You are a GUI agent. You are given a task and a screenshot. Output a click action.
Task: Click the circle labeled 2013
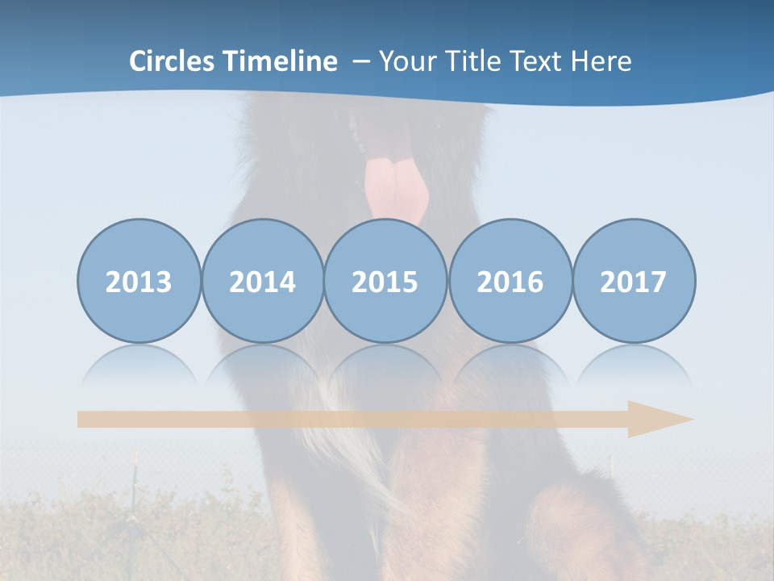pos(139,282)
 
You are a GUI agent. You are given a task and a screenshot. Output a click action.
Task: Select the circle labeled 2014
pos(262,282)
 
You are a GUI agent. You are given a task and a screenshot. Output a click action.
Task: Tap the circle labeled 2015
pos(385,282)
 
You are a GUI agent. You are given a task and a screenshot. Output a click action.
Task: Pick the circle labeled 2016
pos(510,282)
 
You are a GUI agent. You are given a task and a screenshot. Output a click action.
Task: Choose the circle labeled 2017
pos(633,282)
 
